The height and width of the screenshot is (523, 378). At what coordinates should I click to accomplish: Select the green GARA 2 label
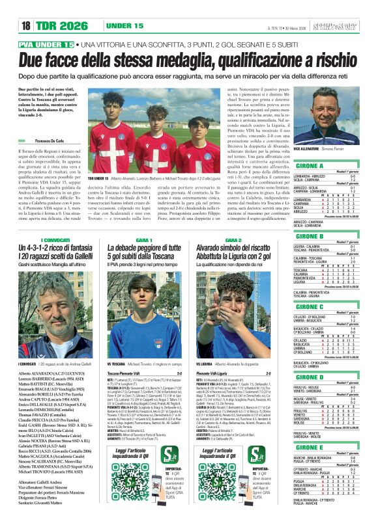pos(233,240)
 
